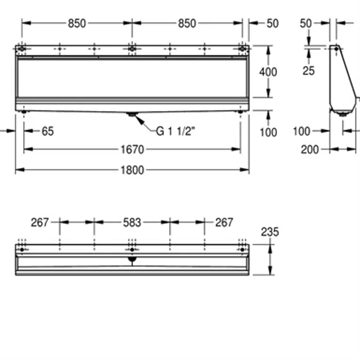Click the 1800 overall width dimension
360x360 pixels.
[132, 170]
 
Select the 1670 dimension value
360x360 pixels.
[132, 149]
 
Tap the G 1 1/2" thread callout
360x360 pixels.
[175, 131]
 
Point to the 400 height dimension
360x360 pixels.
[268, 72]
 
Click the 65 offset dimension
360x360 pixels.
[48, 131]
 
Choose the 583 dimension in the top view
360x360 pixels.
[132, 222]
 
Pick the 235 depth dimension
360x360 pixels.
[270, 232]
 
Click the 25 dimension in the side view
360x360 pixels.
[309, 71]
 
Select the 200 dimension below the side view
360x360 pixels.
[310, 150]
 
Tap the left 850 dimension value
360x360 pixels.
[77, 23]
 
